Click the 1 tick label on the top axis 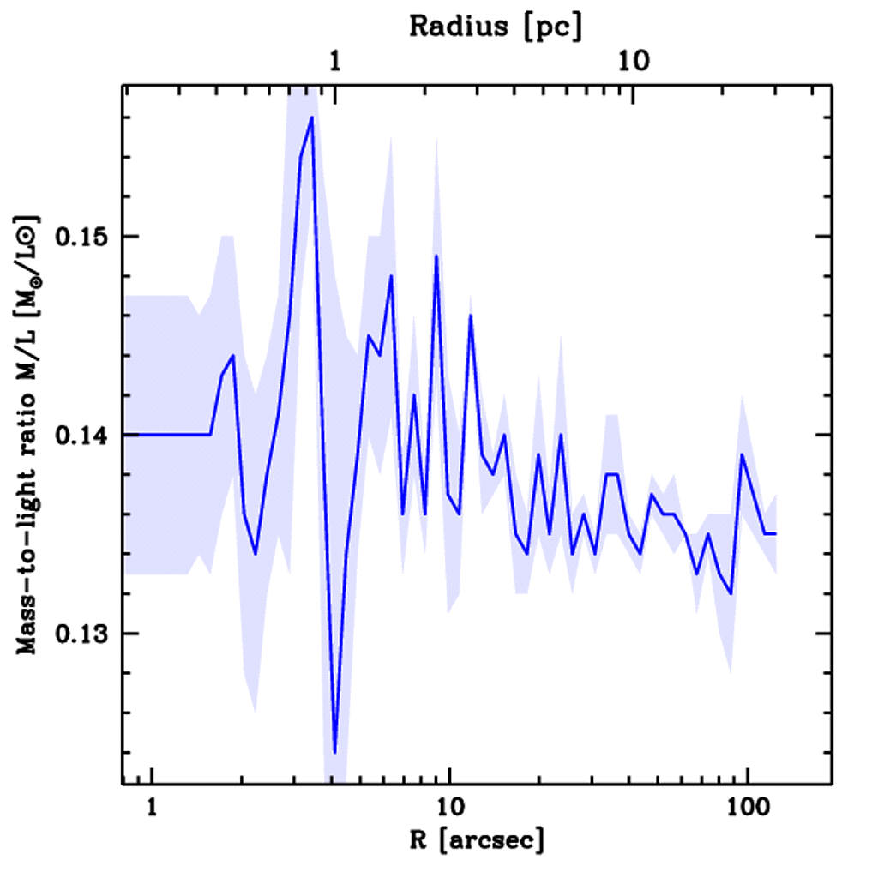tap(335, 63)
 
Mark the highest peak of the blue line tap(312, 117)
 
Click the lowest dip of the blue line tap(334, 753)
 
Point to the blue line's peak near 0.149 tap(436, 256)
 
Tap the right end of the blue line tap(775, 533)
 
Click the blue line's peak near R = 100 tap(742, 454)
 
